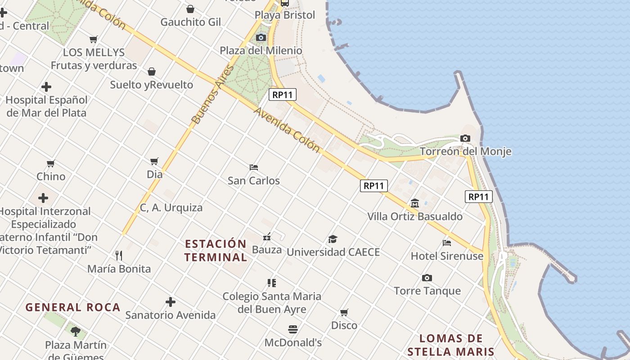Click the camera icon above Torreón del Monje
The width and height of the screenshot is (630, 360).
[465, 138]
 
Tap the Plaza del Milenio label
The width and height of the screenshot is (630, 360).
[261, 50]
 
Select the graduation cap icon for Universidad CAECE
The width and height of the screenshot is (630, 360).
[333, 239]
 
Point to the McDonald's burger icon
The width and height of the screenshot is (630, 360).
[293, 329]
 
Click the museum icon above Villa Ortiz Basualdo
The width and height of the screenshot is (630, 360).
[415, 203]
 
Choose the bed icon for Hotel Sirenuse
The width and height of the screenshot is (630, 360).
[447, 243]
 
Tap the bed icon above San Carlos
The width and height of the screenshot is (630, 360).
[254, 167]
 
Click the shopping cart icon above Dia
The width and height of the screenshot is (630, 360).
[154, 161]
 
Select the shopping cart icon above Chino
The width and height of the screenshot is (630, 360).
[51, 163]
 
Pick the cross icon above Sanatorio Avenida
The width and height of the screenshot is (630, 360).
[170, 302]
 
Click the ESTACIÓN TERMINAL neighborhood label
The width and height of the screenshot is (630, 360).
[216, 251]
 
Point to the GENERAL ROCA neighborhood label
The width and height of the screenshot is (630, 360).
[73, 307]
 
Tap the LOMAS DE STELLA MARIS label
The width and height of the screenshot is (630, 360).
[451, 345]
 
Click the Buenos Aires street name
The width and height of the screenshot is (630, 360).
[213, 94]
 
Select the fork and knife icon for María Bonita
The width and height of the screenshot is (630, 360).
[119, 256]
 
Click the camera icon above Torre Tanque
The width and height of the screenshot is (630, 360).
[427, 278]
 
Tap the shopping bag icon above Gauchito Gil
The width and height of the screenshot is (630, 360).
[190, 9]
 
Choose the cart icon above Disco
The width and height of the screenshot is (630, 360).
[344, 312]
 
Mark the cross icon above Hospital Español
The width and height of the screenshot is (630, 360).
[46, 87]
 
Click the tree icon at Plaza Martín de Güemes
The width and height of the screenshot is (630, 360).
[76, 332]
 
